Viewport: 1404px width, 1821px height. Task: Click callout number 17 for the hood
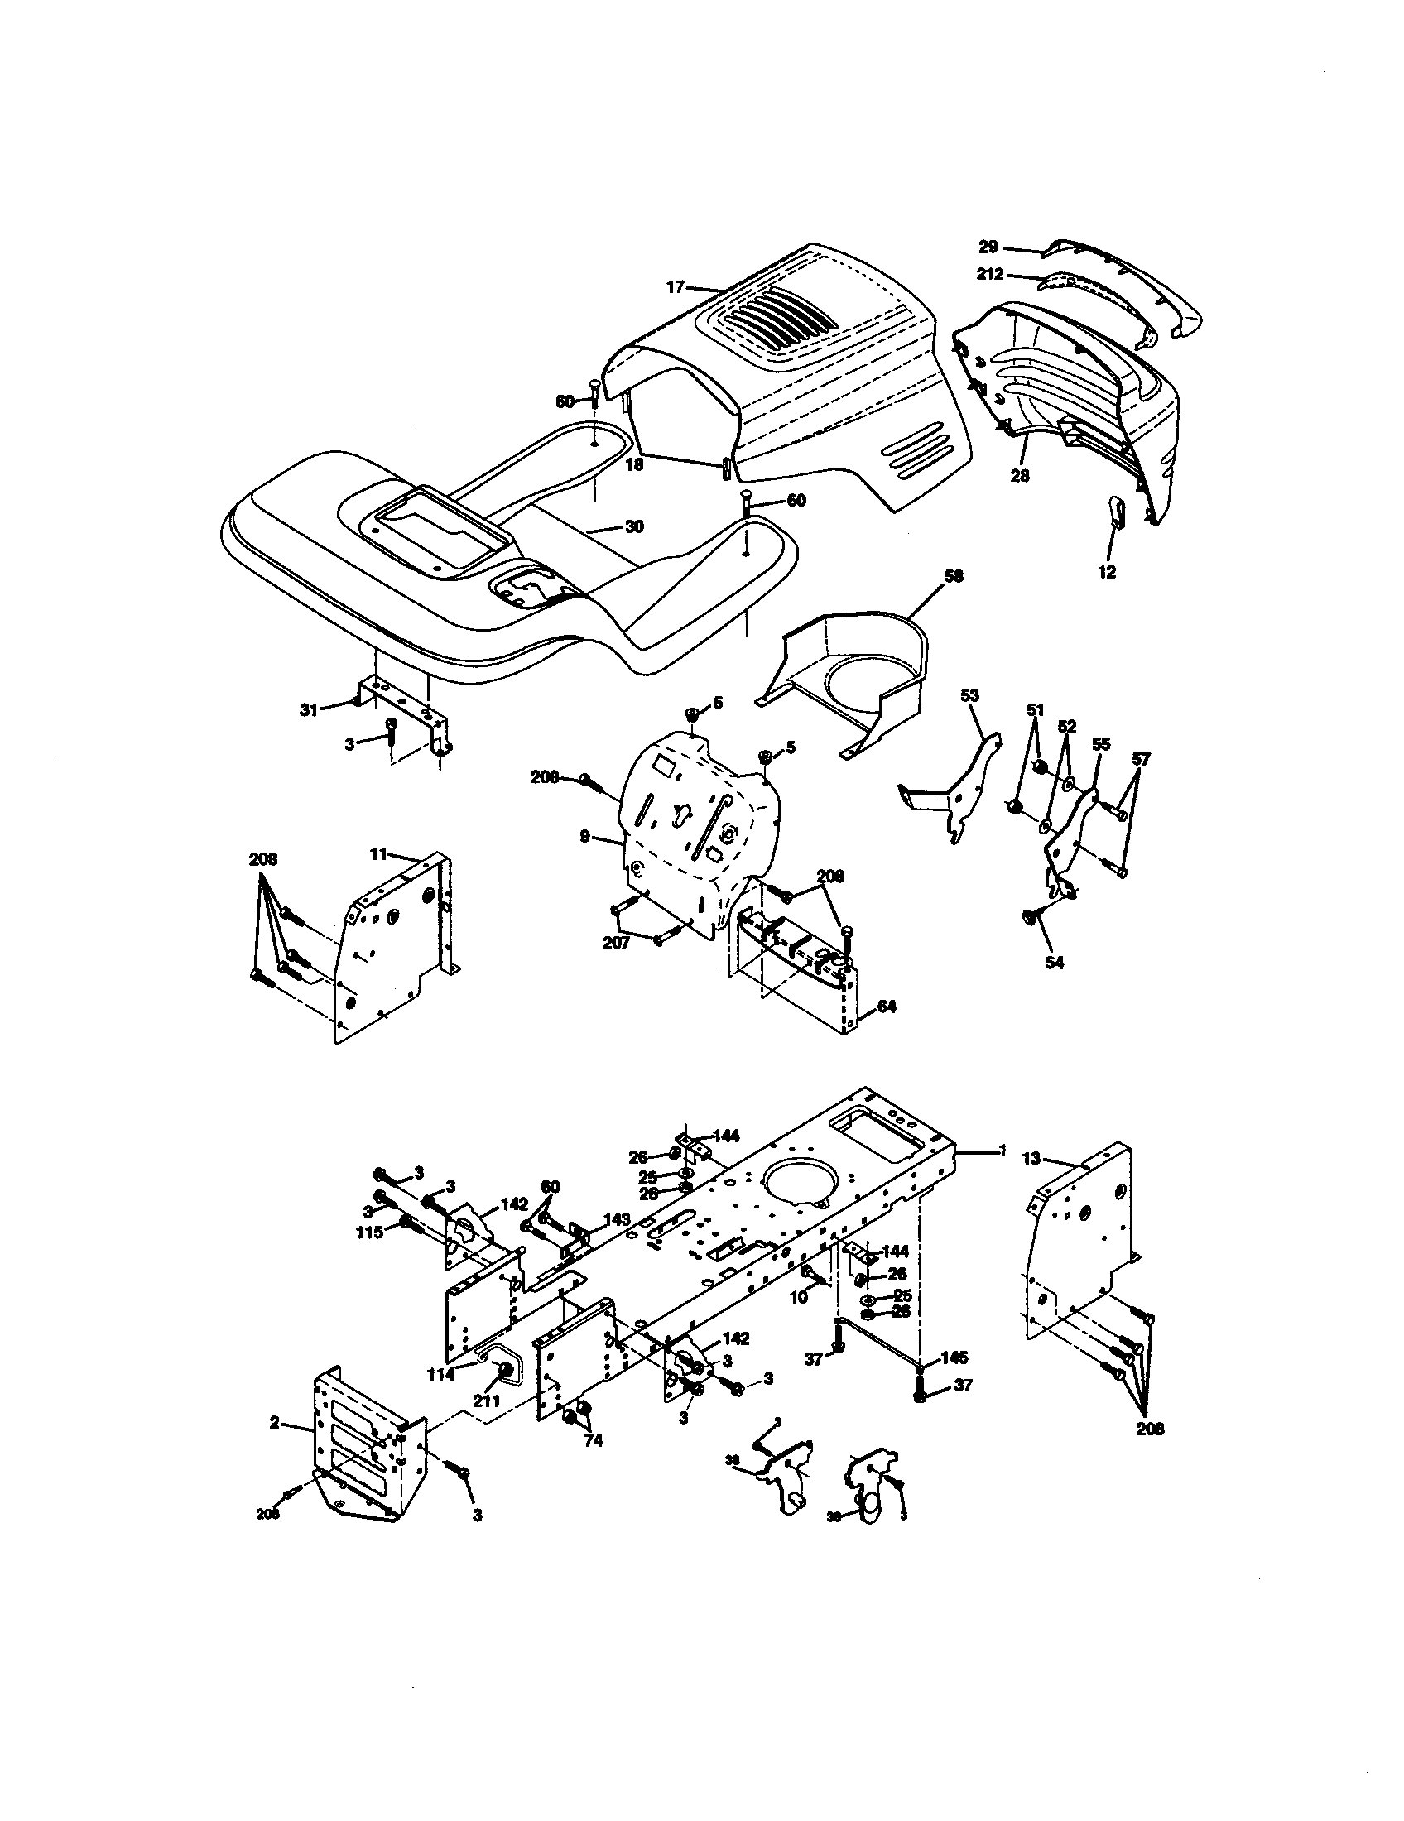point(675,287)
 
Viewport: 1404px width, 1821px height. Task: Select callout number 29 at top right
point(988,247)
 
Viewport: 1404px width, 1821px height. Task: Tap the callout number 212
point(990,274)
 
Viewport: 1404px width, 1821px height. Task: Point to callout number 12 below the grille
point(1107,573)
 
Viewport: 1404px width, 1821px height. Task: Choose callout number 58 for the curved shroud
point(953,576)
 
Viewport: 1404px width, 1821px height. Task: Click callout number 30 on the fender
point(634,527)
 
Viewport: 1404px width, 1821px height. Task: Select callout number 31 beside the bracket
point(310,709)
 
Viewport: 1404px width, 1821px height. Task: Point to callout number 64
point(887,1007)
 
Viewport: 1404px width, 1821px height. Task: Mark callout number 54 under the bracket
point(1055,962)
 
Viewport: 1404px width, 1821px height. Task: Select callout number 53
point(969,694)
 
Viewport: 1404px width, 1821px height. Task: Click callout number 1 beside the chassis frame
point(1003,1150)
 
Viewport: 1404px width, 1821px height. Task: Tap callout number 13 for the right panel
point(1031,1158)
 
